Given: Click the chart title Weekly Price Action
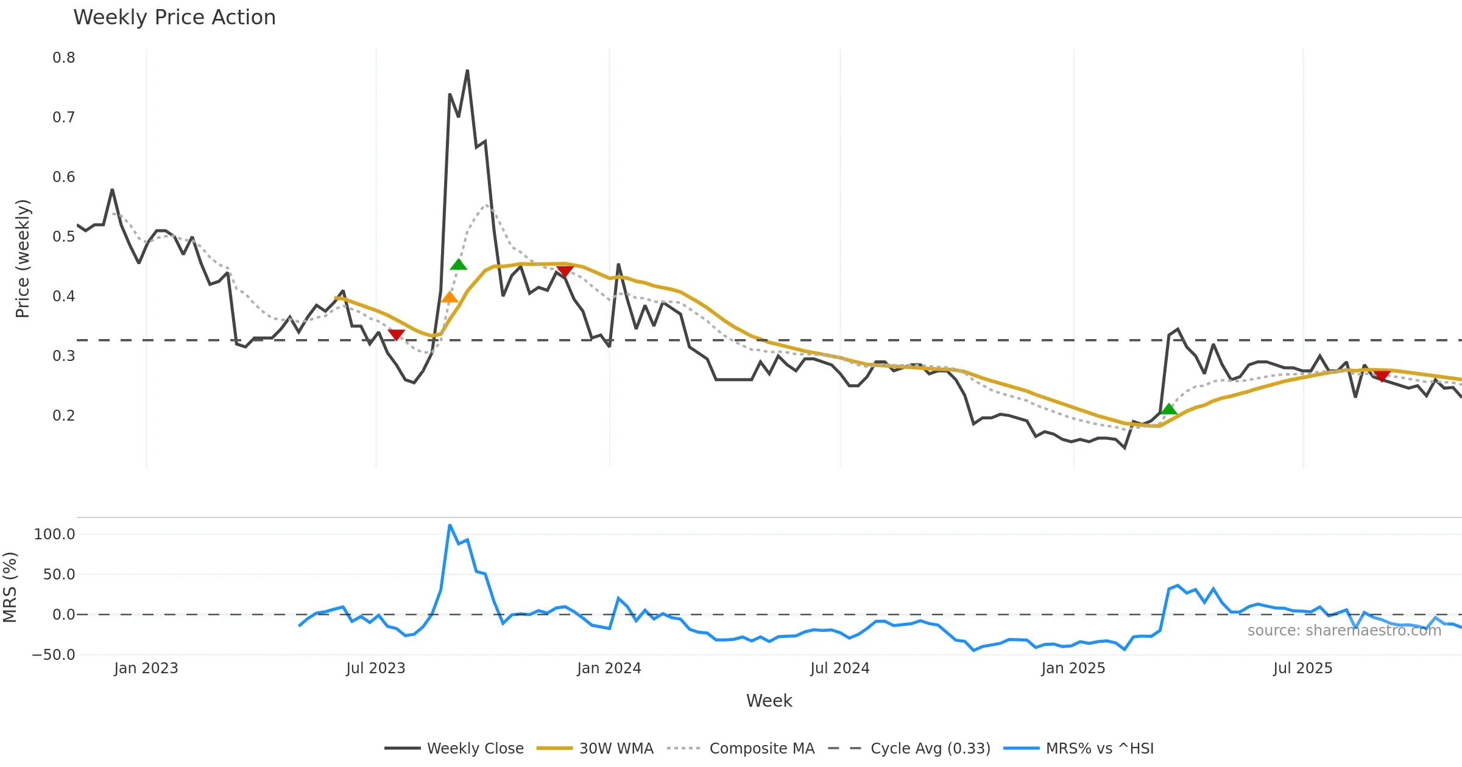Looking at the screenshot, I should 174,18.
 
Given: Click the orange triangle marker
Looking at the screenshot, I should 449,297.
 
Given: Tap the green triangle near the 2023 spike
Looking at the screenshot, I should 458,264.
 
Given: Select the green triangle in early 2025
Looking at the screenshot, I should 1168,408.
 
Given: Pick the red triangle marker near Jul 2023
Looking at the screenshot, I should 396,335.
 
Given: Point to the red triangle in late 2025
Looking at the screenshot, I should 1382,376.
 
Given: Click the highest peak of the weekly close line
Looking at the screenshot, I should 467,71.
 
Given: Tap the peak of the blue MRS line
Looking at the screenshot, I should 450,525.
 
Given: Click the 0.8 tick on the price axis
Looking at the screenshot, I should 64,58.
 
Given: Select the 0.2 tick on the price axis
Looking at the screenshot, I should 64,416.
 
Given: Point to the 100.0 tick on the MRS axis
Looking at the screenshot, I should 55,534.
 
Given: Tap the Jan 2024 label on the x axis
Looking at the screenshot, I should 609,668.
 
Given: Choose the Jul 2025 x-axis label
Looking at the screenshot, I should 1302,668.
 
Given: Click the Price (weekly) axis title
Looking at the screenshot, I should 23,259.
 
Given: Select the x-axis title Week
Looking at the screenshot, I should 769,701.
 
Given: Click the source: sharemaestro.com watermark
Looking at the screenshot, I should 1344,631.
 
